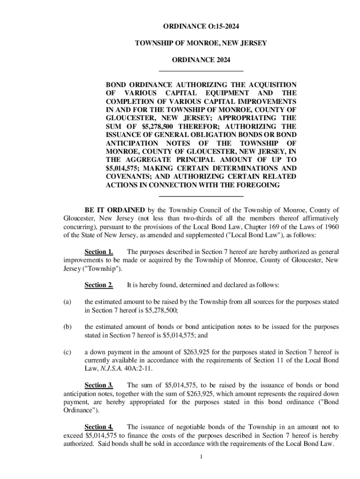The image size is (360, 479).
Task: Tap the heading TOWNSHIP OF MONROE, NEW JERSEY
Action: click(201, 43)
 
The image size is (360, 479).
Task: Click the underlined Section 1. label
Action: click(99, 252)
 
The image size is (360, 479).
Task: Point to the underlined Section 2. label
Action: click(99, 285)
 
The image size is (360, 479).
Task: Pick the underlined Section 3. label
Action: click(99, 385)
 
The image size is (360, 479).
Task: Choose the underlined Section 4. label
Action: click(99, 427)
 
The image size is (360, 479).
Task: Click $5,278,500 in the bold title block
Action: click(160, 126)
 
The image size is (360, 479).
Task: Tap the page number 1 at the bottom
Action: click(201, 457)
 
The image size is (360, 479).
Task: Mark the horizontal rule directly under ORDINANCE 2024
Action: click(202, 71)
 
